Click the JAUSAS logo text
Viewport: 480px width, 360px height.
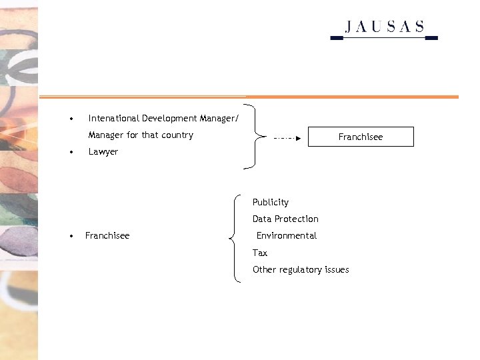tap(385, 27)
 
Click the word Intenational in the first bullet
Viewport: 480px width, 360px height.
tap(114, 118)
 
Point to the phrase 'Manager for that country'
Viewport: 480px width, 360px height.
tap(141, 135)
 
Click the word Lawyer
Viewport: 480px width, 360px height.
tap(103, 151)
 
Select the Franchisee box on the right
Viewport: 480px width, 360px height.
tap(361, 137)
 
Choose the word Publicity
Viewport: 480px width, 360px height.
tap(271, 202)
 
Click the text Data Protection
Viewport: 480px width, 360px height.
tap(285, 219)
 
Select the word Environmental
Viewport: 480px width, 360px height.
tap(287, 235)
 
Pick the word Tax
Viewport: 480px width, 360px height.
tap(260, 253)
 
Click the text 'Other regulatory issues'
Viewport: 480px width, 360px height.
tap(301, 269)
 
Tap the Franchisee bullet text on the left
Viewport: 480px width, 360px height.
tap(107, 235)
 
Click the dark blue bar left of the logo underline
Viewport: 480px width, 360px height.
tap(337, 38)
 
